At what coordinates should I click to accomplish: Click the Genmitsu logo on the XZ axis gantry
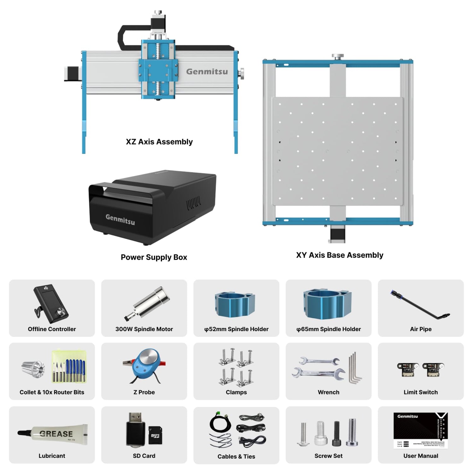coord(207,72)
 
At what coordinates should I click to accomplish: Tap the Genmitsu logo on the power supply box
coord(120,219)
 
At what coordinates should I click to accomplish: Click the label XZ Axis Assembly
coord(159,142)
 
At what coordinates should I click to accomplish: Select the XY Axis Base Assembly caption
coord(340,255)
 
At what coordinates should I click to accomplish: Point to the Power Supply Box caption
coord(154,257)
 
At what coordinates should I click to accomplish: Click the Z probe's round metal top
coord(147,358)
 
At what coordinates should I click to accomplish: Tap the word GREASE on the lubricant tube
coord(56,434)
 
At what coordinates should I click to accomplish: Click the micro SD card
coord(155,435)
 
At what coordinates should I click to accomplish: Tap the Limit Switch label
coord(421,392)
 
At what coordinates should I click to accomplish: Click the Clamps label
coord(236,392)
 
